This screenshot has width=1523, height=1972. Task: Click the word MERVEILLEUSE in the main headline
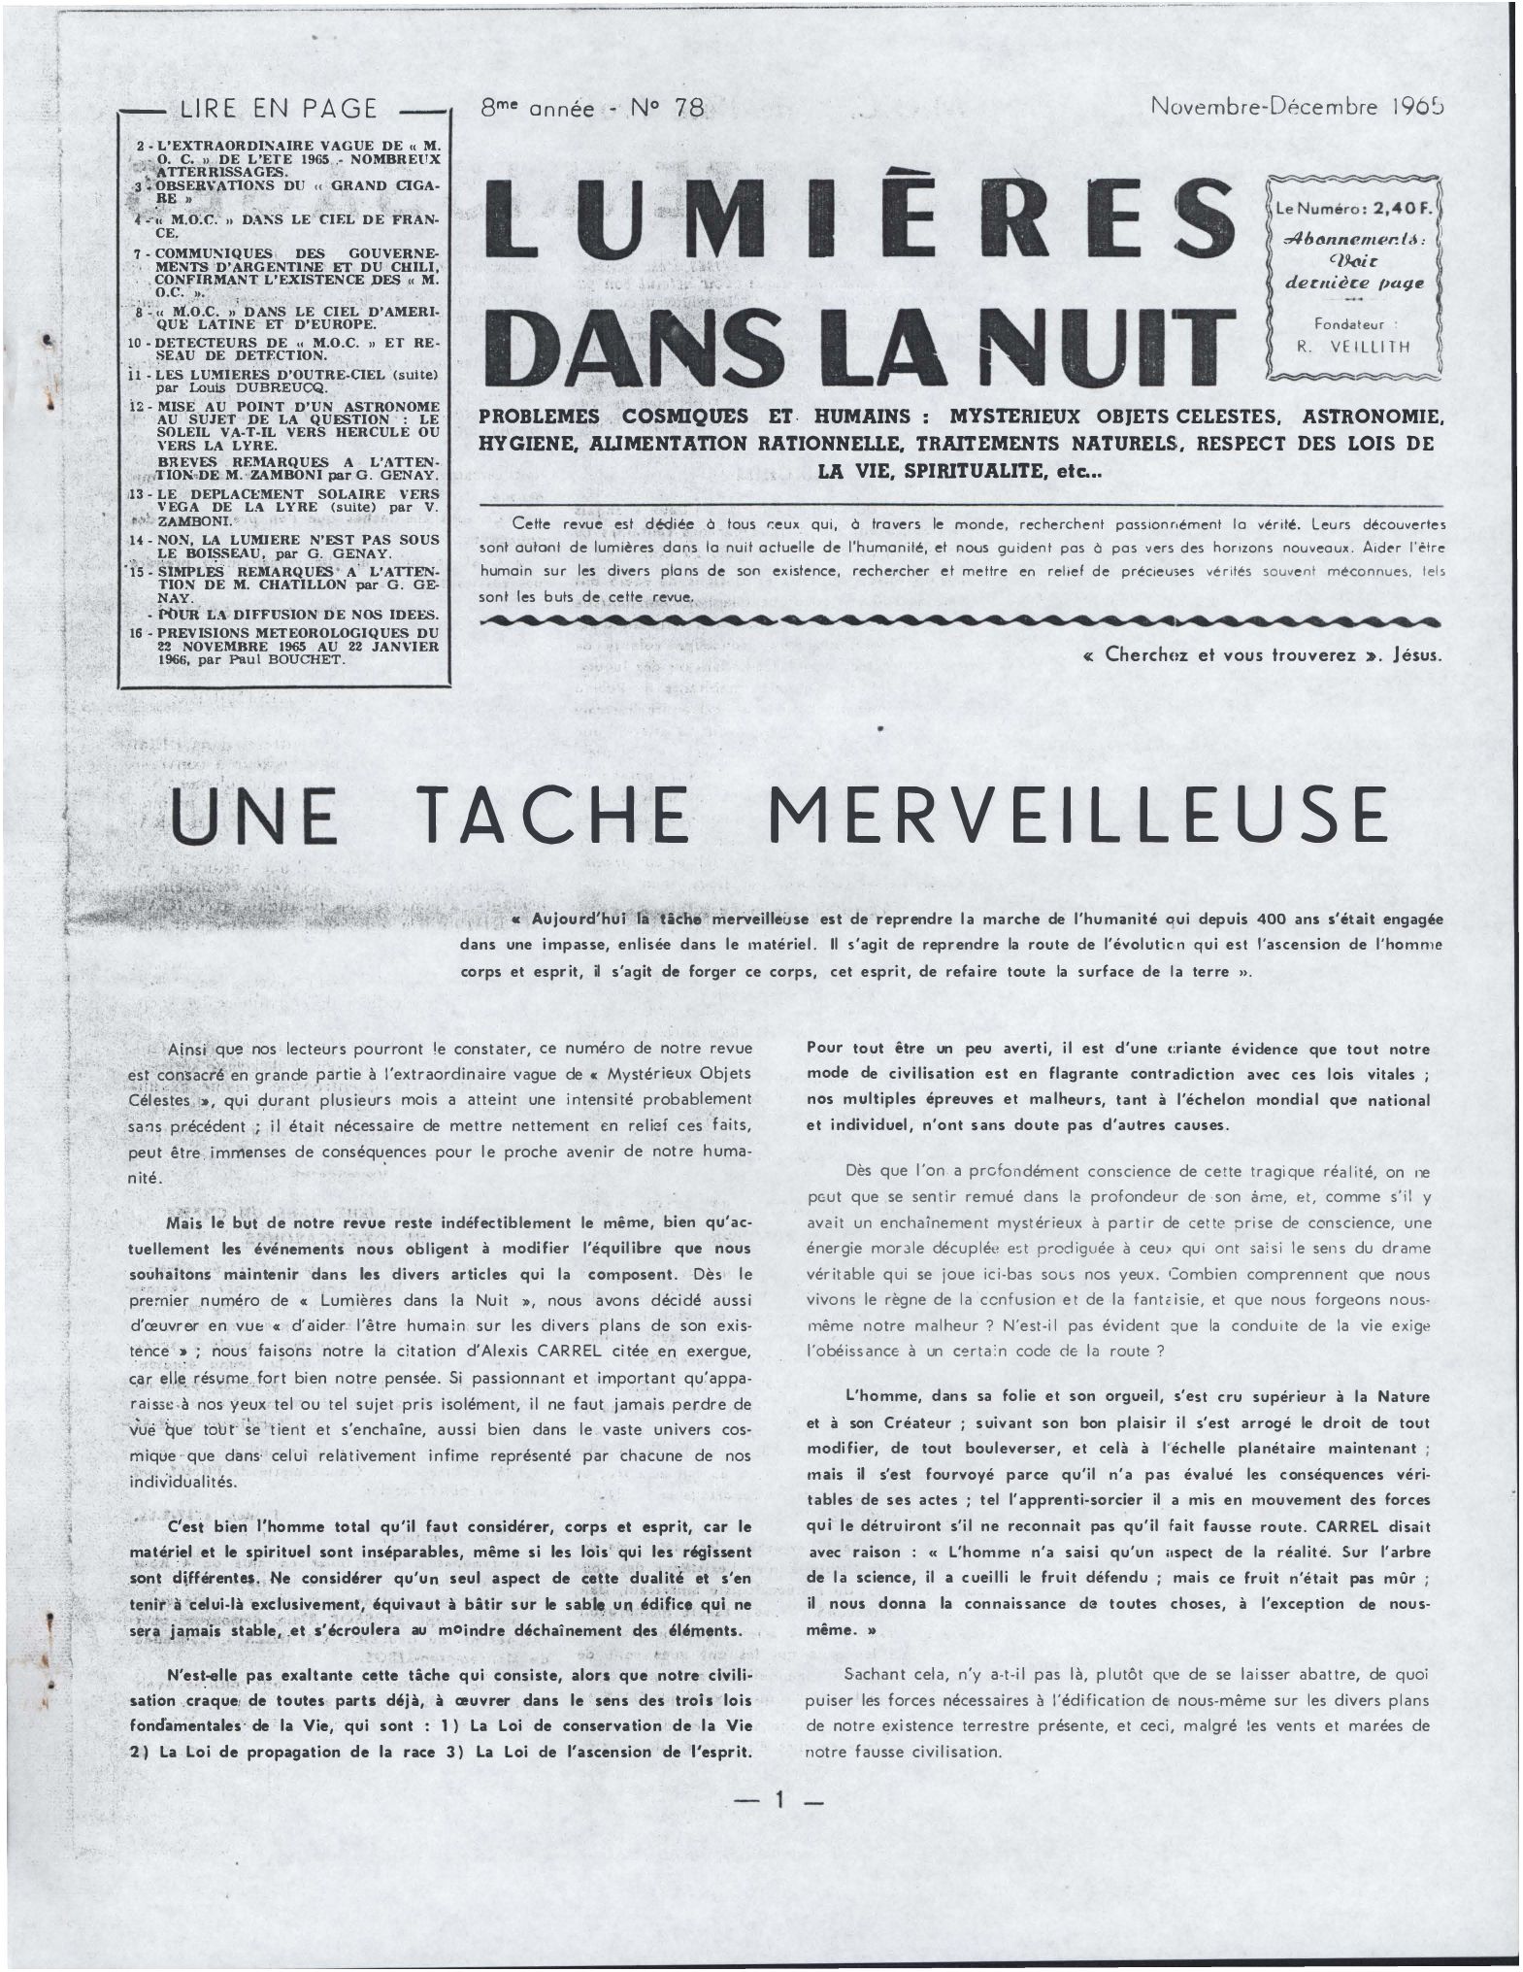click(1078, 817)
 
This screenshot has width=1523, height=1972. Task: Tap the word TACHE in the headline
click(556, 817)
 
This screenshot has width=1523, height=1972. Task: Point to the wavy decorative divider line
click(961, 619)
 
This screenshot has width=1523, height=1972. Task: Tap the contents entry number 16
click(139, 632)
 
